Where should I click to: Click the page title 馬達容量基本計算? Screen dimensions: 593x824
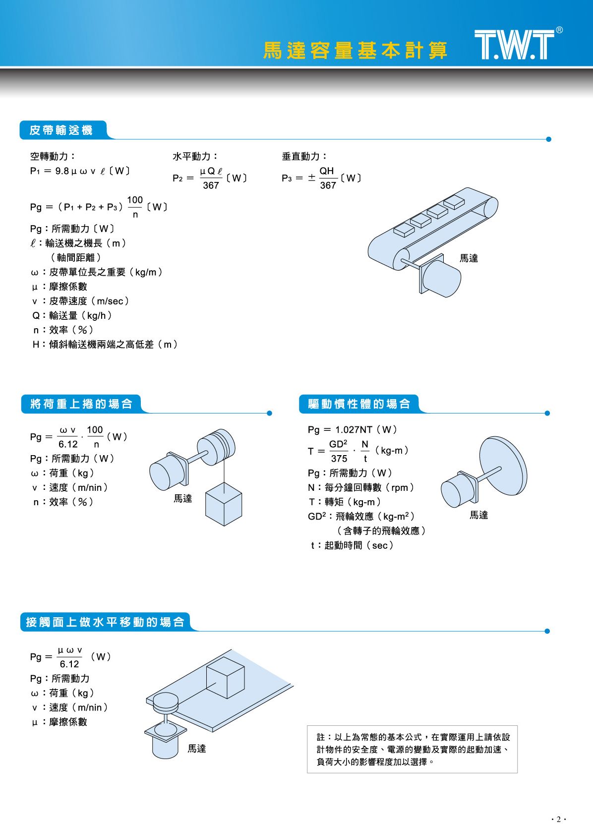356,51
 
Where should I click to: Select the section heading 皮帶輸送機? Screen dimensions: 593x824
61,130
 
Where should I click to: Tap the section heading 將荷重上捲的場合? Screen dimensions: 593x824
81,404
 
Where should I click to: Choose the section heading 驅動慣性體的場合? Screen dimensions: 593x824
359,404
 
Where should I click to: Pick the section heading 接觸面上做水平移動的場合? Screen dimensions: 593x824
105,622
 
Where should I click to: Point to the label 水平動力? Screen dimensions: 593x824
195,156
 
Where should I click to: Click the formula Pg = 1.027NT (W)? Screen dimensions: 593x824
353,429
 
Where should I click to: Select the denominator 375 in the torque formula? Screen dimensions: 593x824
339,459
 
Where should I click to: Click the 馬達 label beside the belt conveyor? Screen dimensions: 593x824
469,258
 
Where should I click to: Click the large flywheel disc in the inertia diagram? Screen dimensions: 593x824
504,466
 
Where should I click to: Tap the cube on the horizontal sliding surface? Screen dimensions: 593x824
226,677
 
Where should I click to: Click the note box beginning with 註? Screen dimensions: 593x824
412,749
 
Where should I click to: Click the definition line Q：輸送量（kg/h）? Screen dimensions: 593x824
72,315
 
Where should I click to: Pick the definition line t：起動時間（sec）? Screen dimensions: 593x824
352,545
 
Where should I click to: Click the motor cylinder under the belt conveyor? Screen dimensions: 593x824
441,278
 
